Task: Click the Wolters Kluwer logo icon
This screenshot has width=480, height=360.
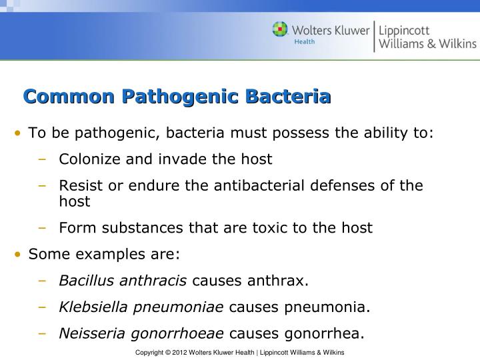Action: pyautogui.click(x=281, y=30)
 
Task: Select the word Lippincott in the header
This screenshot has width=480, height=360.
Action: pyautogui.click(x=405, y=30)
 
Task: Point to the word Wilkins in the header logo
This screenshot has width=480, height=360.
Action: pyautogui.click(x=455, y=44)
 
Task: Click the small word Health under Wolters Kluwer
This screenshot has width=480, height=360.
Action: pyautogui.click(x=305, y=41)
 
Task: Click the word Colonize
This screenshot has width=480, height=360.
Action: pyautogui.click(x=87, y=159)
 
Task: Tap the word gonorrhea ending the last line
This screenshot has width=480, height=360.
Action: pyautogui.click(x=325, y=333)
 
